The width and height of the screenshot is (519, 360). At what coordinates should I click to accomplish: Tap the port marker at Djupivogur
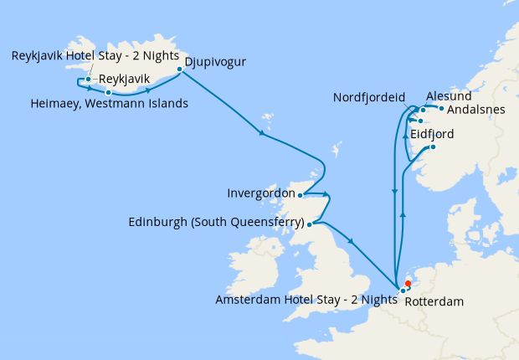point(179,69)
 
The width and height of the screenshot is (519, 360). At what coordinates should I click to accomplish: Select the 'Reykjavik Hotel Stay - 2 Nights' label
point(95,56)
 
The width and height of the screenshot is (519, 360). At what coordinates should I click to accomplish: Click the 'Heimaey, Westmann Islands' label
point(109,104)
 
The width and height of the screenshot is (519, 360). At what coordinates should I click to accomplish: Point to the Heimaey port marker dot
point(108,92)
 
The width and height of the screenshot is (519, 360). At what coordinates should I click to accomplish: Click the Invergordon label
point(260,193)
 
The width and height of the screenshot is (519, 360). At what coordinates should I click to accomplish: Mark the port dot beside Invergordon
point(301,195)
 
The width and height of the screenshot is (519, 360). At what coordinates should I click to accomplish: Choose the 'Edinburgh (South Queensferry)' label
point(216,224)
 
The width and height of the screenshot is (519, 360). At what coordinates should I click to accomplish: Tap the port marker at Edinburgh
point(310,224)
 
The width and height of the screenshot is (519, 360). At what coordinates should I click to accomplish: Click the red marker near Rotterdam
point(408,283)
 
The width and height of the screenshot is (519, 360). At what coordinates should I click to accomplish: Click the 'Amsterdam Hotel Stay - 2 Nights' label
point(306,299)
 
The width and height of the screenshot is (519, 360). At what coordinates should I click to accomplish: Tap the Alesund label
point(449,96)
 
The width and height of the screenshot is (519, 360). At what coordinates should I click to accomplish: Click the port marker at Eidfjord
point(434,147)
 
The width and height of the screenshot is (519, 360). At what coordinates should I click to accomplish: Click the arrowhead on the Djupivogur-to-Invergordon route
point(263,133)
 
